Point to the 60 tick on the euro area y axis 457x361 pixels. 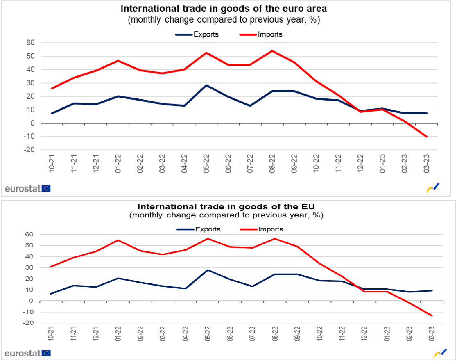click(x=31, y=43)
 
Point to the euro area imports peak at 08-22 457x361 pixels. click(x=273, y=51)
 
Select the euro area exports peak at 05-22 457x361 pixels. click(x=206, y=85)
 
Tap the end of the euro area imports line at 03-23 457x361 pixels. click(x=427, y=137)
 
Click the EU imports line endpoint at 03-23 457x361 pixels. click(x=432, y=315)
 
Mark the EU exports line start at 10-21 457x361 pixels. click(x=51, y=294)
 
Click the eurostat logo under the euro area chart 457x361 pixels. click(x=27, y=189)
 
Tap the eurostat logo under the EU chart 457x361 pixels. click(x=27, y=353)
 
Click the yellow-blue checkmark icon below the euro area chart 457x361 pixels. click(x=433, y=188)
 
